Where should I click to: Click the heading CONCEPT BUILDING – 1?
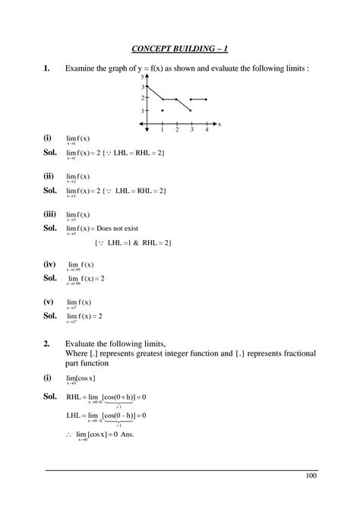180,49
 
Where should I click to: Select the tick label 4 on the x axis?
206,130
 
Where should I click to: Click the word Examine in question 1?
82,70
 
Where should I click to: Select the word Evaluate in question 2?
83,343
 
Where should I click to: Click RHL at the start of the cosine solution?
74,397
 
